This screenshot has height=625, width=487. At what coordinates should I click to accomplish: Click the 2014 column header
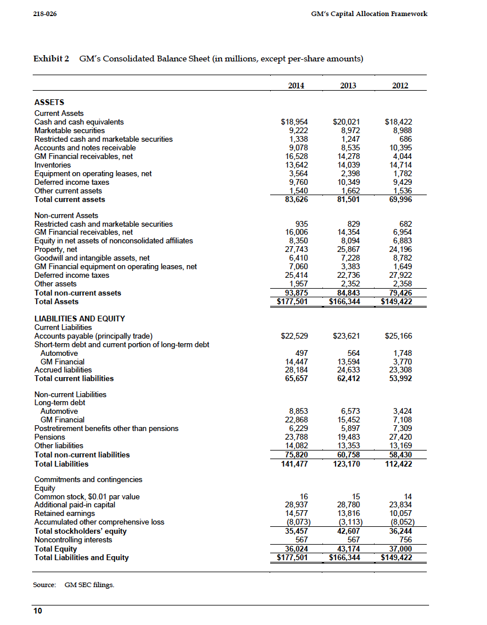pos(295,86)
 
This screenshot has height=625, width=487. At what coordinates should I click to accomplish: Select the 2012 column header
pos(400,86)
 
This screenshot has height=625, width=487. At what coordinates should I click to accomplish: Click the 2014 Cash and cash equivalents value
pos(294,122)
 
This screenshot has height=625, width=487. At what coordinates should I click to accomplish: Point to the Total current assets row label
pos(70,199)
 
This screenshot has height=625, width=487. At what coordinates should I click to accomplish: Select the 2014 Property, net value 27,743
pos(297,250)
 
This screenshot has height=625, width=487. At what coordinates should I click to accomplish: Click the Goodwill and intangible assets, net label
pos(92,258)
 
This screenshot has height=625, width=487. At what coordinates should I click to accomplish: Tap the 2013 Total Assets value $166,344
pos(342,301)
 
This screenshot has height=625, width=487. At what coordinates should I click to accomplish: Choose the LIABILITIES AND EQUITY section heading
pos(80,319)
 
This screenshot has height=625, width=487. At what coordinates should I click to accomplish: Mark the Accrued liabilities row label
pos(63,370)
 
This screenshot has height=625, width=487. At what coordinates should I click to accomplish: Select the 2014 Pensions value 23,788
pos(297,437)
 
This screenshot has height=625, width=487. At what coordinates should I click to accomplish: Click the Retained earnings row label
pos(65,513)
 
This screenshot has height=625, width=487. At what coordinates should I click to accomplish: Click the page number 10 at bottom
pos(38,611)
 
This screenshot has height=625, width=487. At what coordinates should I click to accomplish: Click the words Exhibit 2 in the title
pos(51,59)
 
